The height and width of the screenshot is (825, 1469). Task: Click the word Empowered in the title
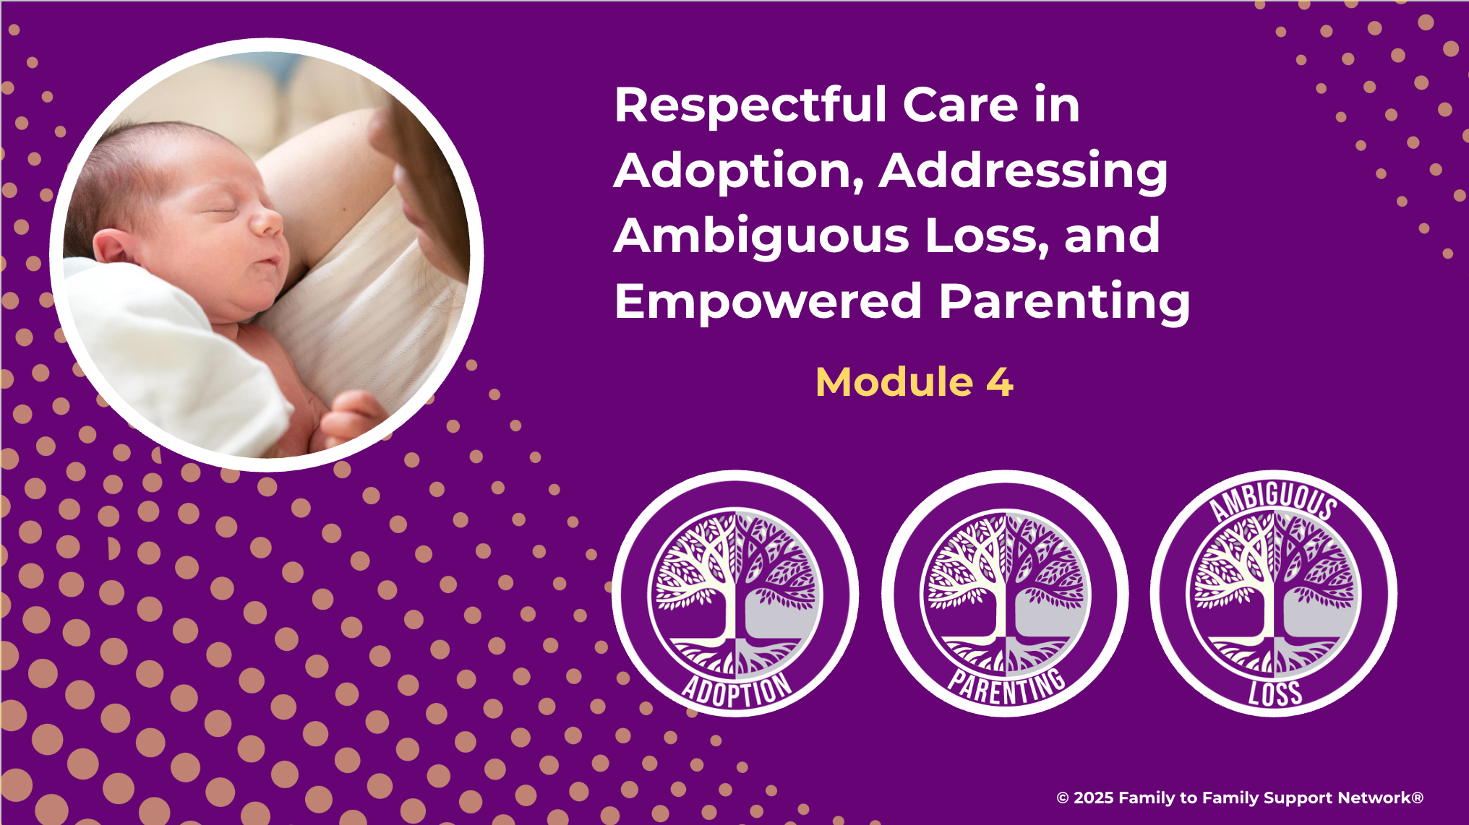[768, 302]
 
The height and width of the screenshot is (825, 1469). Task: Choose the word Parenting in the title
[1064, 302]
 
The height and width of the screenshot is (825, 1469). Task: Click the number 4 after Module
[999, 382]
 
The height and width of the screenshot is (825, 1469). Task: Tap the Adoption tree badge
[735, 594]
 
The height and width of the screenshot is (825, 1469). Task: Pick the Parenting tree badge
[1005, 594]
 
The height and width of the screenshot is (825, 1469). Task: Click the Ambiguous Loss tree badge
[1274, 594]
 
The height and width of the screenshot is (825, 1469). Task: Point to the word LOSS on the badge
[1275, 694]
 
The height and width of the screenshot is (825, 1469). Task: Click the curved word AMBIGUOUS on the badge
[1274, 499]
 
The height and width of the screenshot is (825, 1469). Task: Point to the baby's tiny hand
[352, 415]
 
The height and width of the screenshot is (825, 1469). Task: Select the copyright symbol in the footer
[1063, 798]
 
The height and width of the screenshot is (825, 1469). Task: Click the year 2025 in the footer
[1093, 798]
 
